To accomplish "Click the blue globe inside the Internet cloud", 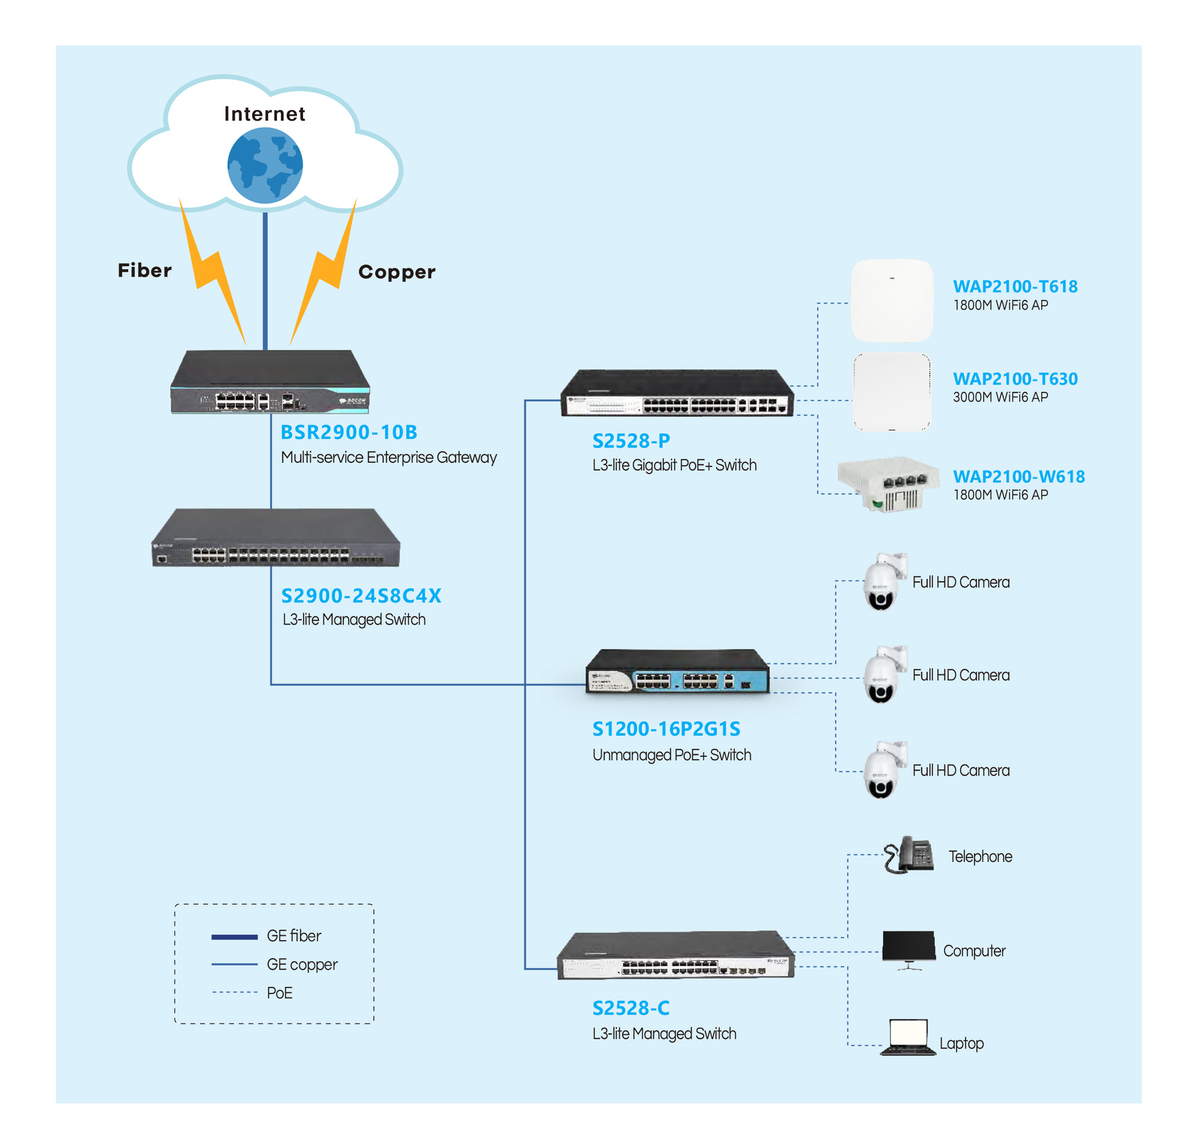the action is [x=265, y=165].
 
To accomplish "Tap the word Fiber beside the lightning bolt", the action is [x=144, y=270].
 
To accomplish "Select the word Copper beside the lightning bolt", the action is [x=397, y=272].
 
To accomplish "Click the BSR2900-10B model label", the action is [x=349, y=432].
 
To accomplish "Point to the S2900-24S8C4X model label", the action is [x=361, y=595].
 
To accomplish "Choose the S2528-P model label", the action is [x=631, y=441].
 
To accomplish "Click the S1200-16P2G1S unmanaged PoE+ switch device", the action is [x=678, y=671].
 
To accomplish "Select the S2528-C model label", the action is [x=631, y=1008].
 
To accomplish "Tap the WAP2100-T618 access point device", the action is [x=892, y=301].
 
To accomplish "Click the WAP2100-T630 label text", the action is [x=1015, y=379].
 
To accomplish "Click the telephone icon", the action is [x=909, y=855].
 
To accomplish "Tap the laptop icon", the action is [x=908, y=1037].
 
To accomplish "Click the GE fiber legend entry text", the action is [x=293, y=935].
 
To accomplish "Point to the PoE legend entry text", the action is [x=280, y=993].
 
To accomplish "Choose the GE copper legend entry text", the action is [x=302, y=964].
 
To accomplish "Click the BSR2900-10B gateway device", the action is [x=270, y=382].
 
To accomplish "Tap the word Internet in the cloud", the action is [x=265, y=114].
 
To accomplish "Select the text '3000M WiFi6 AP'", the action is [x=1000, y=397].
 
